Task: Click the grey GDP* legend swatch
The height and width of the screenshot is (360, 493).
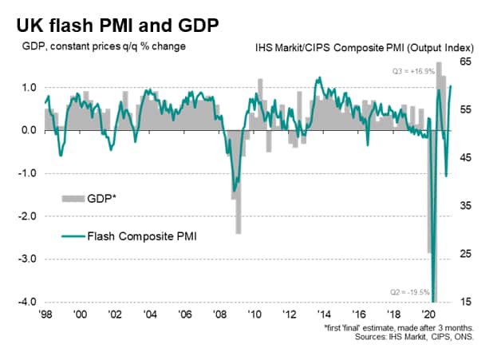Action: coord(77,196)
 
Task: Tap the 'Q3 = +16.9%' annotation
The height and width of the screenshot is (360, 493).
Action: coord(412,71)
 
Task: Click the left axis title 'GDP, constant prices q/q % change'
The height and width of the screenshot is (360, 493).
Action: coord(104,46)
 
